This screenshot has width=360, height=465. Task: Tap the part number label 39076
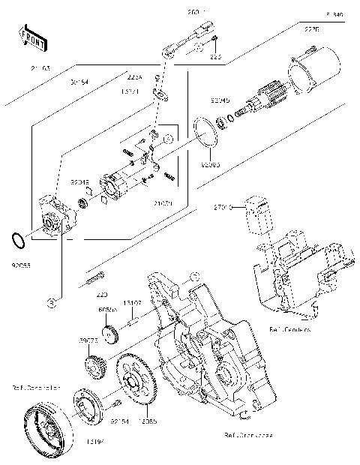pos(89,341)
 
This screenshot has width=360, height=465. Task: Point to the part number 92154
pos(121,422)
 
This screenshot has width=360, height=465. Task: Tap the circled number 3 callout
pos(53,301)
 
